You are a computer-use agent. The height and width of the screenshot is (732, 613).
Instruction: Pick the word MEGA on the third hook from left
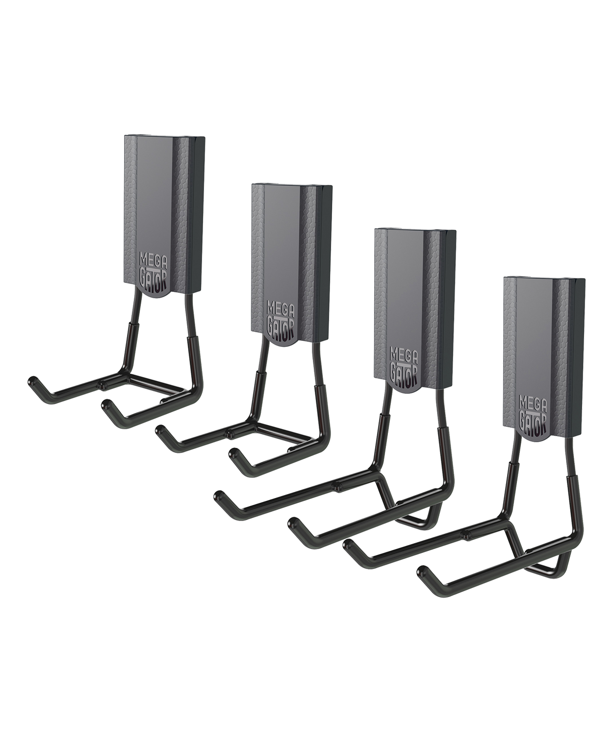399,353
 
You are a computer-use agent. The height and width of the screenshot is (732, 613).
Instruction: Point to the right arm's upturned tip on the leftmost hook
106,406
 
